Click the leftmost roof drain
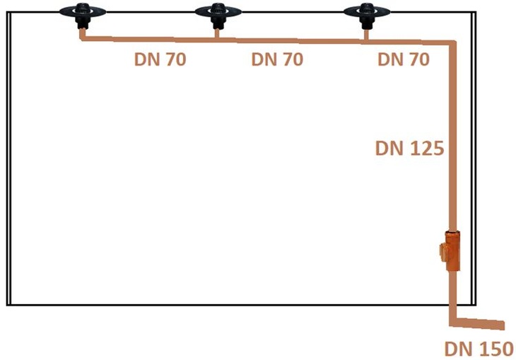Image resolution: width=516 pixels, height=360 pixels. point(83,15)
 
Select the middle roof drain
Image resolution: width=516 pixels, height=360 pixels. point(218,15)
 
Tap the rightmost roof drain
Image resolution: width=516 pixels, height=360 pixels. point(367,15)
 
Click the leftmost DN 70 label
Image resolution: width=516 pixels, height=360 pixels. point(160,59)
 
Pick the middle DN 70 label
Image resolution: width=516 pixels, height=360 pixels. point(277,59)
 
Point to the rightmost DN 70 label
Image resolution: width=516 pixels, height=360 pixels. point(404,59)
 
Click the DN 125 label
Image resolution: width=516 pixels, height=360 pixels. point(410,149)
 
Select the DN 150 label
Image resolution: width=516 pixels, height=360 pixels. point(479,349)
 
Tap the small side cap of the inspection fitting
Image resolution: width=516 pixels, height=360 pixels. point(442,252)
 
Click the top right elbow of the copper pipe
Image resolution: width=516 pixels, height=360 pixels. point(452,44)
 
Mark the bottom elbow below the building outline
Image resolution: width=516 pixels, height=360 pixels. point(453,322)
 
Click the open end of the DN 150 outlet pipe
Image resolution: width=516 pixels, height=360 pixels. point(503,325)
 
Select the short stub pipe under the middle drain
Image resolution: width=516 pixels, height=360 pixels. point(217,33)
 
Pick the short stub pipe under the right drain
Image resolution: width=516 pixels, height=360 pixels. point(366,35)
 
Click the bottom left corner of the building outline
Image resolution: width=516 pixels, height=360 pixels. point(7,305)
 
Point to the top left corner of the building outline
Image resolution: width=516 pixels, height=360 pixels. point(7,13)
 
